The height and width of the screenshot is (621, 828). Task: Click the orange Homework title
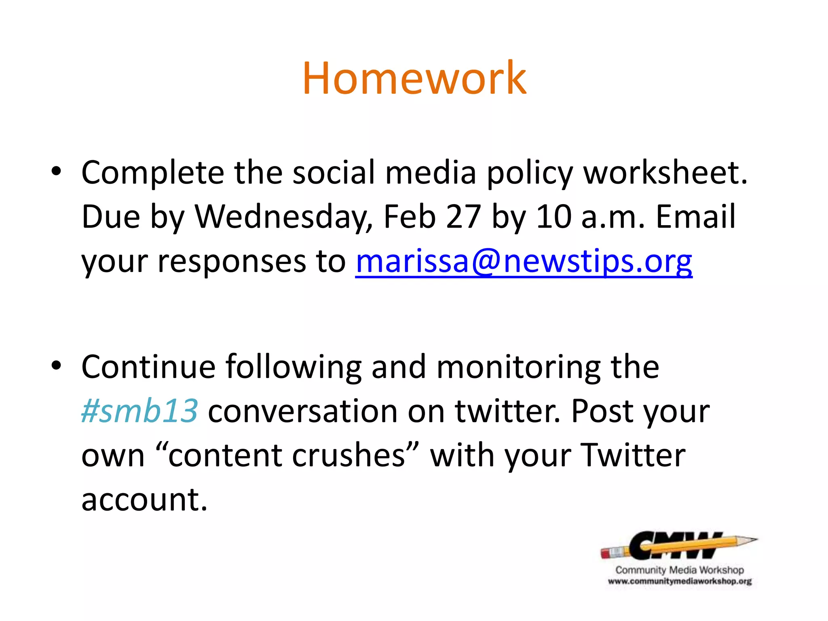point(414,78)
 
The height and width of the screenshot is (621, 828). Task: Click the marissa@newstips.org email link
point(524,262)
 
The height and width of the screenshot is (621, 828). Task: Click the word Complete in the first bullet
point(153,173)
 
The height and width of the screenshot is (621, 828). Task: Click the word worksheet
point(665,173)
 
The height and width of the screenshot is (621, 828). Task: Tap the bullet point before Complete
point(56,171)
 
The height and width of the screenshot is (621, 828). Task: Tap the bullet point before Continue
point(56,365)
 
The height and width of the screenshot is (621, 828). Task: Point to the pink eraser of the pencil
point(608,553)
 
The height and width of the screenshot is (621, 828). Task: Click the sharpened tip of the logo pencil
point(753,539)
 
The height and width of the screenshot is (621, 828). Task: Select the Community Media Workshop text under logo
point(679,570)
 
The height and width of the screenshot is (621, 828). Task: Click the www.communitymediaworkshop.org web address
point(679,582)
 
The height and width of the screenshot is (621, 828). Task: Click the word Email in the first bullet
point(695,217)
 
